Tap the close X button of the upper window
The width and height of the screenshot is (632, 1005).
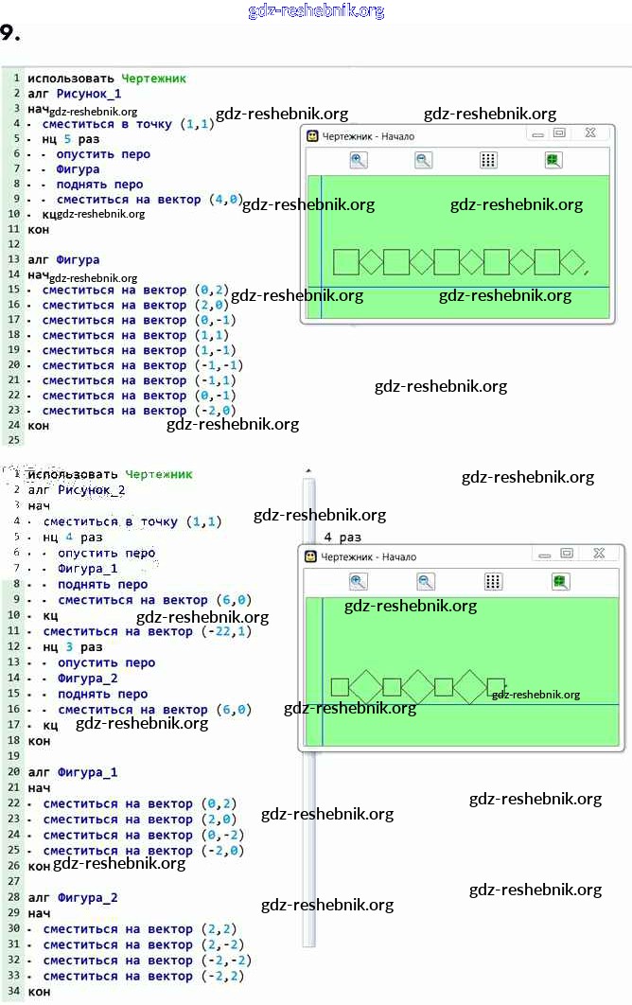pos(589,134)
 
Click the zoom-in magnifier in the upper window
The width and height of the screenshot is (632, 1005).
pos(359,161)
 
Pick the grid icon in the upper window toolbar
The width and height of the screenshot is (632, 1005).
pos(488,161)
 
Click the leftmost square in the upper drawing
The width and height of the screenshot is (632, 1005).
pos(346,261)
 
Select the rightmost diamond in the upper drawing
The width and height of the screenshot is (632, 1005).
pos(573,262)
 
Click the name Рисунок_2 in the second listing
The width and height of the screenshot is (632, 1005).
pos(92,489)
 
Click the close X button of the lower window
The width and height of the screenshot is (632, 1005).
pos(599,554)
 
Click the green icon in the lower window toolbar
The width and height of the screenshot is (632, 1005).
pos(560,582)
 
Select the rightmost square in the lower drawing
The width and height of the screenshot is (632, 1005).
pos(496,687)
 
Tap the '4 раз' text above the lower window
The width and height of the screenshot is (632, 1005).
pos(342,537)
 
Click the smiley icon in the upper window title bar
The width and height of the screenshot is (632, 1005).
pos(312,136)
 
